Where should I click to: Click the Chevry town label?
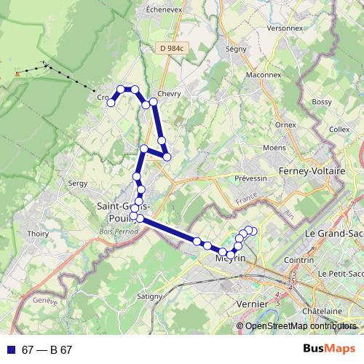coord(168,94)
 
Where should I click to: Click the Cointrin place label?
coord(319,258)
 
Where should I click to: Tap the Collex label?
coord(339,129)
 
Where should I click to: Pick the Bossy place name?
coord(321,102)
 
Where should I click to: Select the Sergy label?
coord(76,183)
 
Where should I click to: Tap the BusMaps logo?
coord(329,349)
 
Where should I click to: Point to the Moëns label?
coord(274,148)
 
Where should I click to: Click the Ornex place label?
coord(285,124)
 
